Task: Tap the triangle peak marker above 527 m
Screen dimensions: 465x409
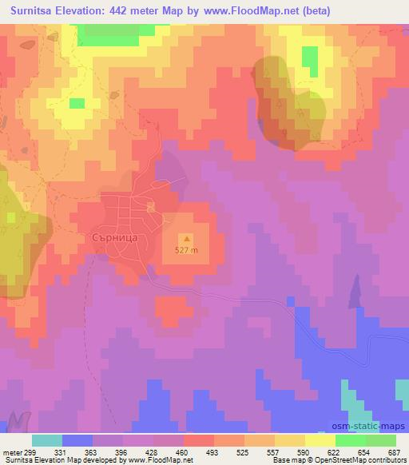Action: [x=187, y=237]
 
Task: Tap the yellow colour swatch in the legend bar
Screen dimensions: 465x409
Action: [x=320, y=441]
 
